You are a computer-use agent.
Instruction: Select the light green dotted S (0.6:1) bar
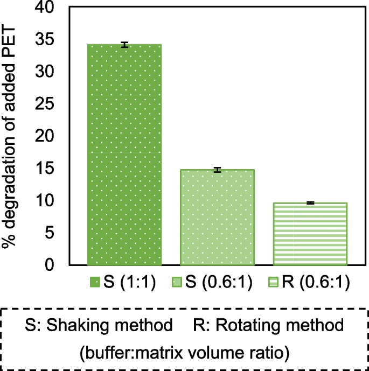coord(217,218)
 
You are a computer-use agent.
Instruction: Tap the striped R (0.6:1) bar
coord(310,234)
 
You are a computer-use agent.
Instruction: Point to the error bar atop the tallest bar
coord(124,45)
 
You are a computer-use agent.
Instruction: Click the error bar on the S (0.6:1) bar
coord(217,170)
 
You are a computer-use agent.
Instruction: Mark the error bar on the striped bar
coord(310,203)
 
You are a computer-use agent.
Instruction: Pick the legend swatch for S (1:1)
coord(94,283)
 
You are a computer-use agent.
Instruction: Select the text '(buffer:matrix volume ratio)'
coord(184,353)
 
